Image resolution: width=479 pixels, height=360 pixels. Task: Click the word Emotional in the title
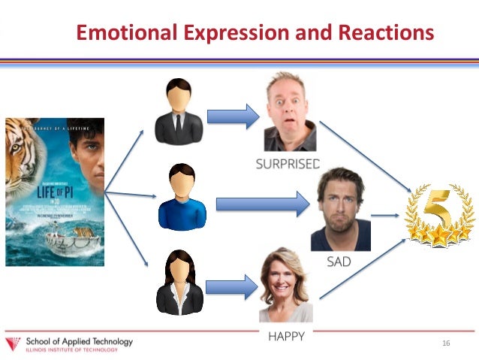pyautogui.click(x=126, y=33)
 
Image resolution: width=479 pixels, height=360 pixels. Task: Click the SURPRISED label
pyautogui.click(x=288, y=163)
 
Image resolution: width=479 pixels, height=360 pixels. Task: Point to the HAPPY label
pyautogui.click(x=286, y=336)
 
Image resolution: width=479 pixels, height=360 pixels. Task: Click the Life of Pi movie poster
pyautogui.click(x=55, y=192)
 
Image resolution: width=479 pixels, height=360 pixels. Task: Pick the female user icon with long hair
pyautogui.click(x=179, y=283)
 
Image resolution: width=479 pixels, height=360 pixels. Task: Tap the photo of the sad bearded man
pyautogui.click(x=340, y=210)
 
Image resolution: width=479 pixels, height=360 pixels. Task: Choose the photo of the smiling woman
pyautogui.click(x=285, y=286)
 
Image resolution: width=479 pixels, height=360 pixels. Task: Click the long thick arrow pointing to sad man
pyautogui.click(x=262, y=203)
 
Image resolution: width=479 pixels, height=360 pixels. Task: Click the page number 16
pyautogui.click(x=446, y=343)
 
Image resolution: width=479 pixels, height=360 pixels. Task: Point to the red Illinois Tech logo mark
pyautogui.click(x=14, y=345)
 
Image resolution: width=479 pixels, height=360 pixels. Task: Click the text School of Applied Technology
pyautogui.click(x=79, y=341)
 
